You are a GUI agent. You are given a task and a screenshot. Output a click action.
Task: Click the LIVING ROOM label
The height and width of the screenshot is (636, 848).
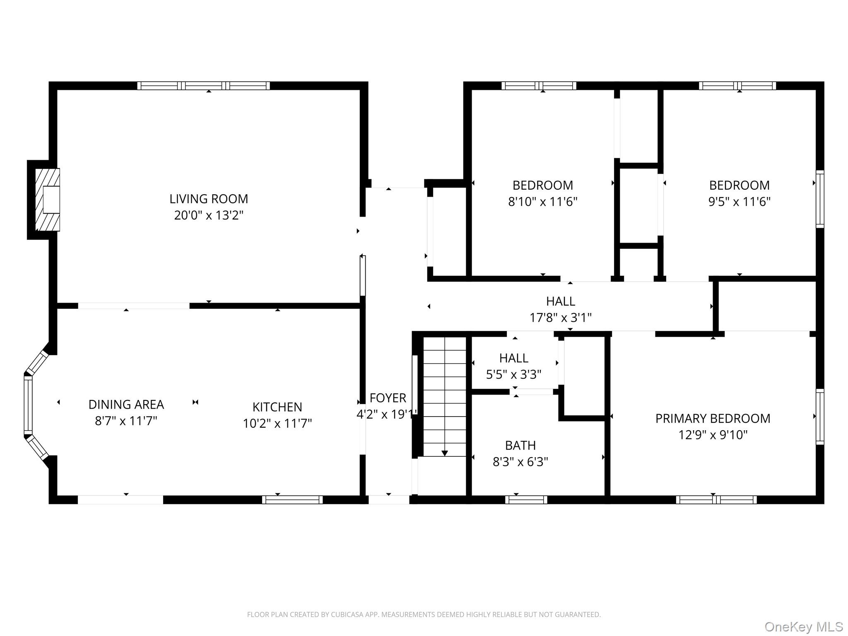pyautogui.click(x=209, y=199)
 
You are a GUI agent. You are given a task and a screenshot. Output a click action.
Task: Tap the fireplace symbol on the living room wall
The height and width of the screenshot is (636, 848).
pyautogui.click(x=47, y=200)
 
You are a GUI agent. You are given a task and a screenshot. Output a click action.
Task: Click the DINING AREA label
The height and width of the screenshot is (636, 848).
pyautogui.click(x=126, y=405)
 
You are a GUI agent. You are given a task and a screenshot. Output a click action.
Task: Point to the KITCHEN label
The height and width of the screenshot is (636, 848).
pyautogui.click(x=277, y=407)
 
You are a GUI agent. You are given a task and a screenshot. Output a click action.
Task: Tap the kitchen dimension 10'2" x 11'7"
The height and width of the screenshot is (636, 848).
pyautogui.click(x=277, y=424)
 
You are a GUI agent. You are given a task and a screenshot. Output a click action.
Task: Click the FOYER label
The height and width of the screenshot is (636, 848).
pyautogui.click(x=388, y=398)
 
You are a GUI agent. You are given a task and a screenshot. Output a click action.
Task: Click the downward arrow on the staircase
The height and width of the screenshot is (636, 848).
pyautogui.click(x=444, y=453)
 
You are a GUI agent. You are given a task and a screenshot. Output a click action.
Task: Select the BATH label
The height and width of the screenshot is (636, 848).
pyautogui.click(x=520, y=446)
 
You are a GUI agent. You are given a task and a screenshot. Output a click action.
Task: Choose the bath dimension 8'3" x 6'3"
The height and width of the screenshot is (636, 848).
pyautogui.click(x=520, y=462)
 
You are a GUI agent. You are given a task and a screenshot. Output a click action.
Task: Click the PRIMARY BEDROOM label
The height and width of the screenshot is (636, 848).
pyautogui.click(x=713, y=419)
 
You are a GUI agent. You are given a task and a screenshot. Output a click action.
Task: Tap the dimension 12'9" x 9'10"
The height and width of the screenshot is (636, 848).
pyautogui.click(x=713, y=435)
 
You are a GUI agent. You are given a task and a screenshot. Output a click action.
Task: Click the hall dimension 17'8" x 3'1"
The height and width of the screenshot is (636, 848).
pyautogui.click(x=560, y=318)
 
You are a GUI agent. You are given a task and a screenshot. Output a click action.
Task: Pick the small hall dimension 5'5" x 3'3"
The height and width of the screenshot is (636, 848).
pyautogui.click(x=513, y=375)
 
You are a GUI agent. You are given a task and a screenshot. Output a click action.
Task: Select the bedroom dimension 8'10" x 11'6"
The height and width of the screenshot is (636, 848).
pyautogui.click(x=542, y=202)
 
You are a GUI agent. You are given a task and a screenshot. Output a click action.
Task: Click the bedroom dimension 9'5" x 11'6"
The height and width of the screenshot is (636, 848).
pyautogui.click(x=739, y=202)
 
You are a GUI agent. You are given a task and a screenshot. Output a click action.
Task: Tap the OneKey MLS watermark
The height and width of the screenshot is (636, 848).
pyautogui.click(x=803, y=627)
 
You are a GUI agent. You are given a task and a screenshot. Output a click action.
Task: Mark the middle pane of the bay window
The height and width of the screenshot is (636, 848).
pyautogui.click(x=28, y=405)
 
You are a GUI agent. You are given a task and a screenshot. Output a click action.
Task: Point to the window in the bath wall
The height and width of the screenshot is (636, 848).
pyautogui.click(x=526, y=500)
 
